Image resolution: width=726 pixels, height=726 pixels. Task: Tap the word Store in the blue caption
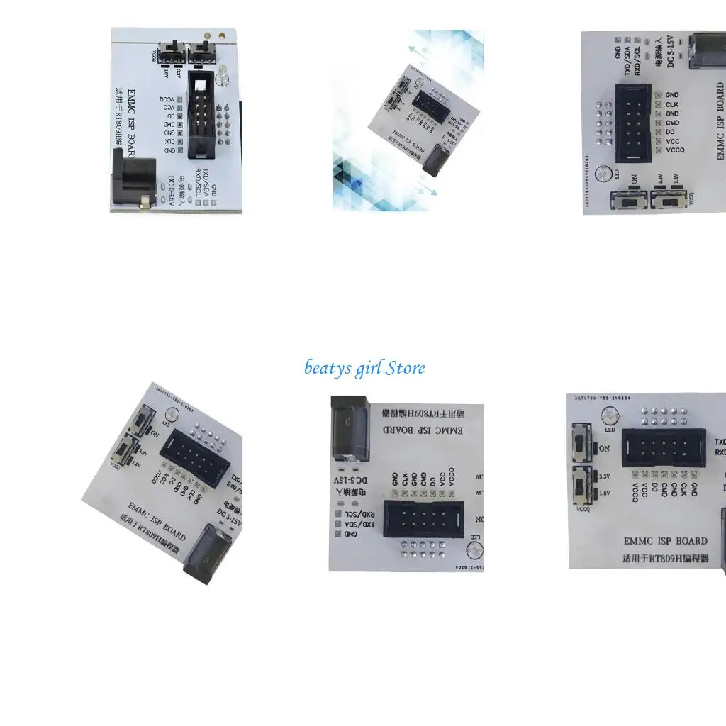406,368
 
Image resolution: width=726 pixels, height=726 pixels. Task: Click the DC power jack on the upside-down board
349,428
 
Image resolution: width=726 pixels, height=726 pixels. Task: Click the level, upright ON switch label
604,448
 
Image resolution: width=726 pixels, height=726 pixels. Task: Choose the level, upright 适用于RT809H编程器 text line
666,557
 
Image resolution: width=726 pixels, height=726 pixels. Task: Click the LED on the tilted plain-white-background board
169,414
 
